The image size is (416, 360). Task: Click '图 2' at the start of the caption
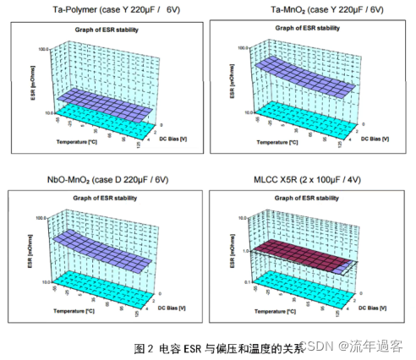(x=144, y=346)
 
